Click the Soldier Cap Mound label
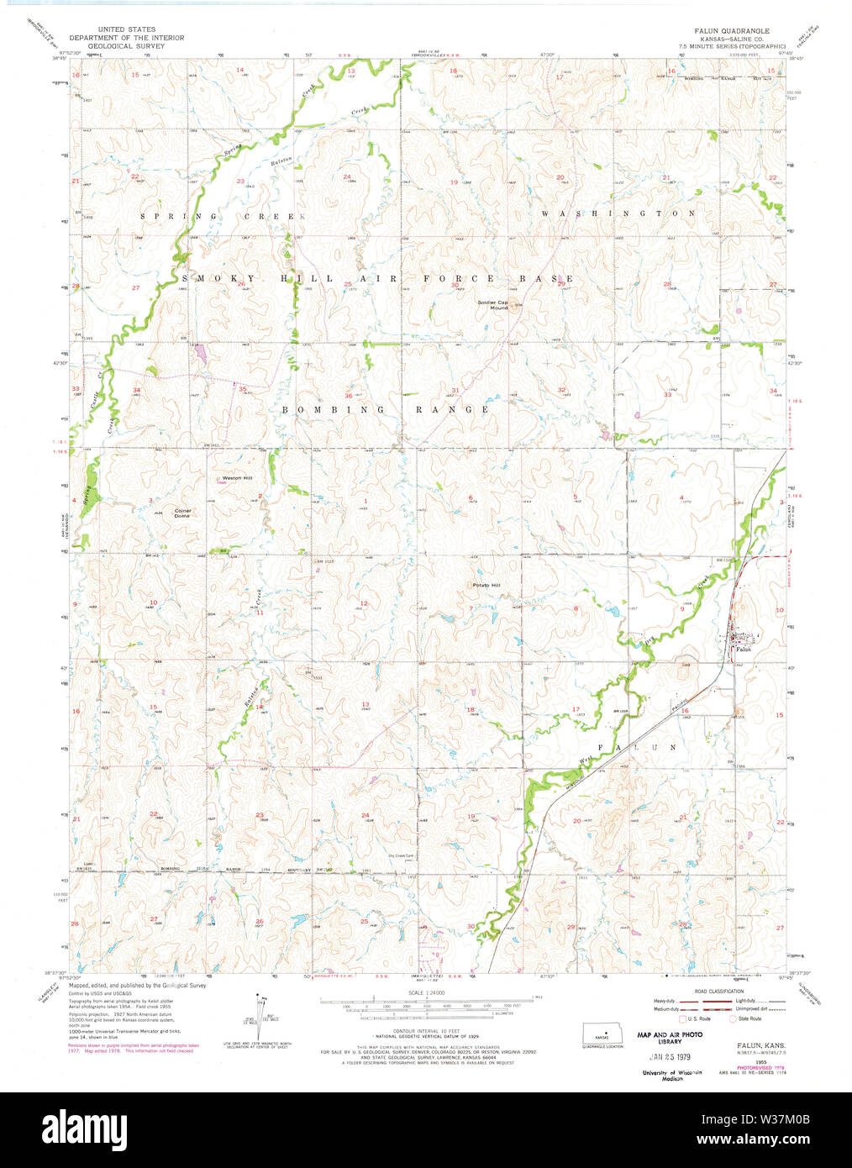[x=493, y=304]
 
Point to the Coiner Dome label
[x=182, y=513]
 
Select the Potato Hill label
[x=486, y=585]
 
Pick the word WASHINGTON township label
[x=618, y=213]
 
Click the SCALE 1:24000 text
[x=427, y=992]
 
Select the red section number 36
[x=348, y=395]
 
